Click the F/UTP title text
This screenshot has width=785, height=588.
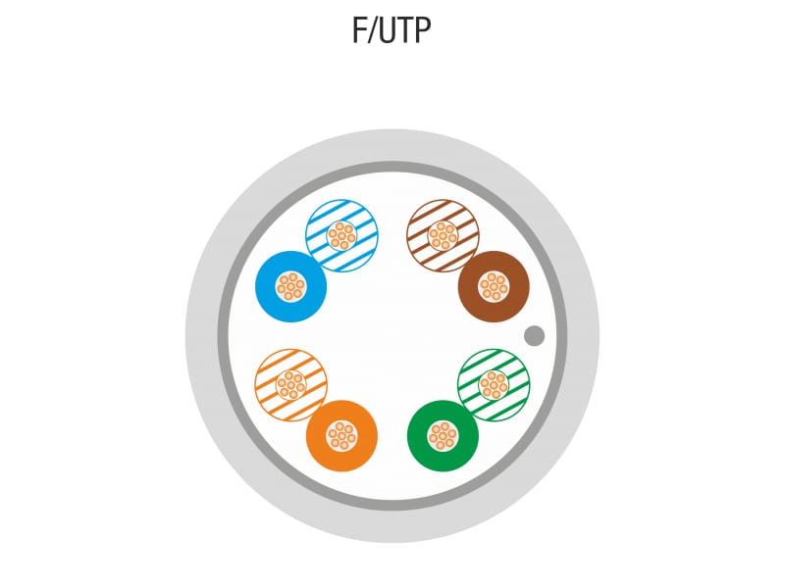coord(391,30)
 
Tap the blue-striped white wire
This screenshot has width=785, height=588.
coord(341,236)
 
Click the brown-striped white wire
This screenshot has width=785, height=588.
coord(444,236)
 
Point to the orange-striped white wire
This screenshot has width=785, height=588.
coord(290,385)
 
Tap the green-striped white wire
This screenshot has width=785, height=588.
coord(494,385)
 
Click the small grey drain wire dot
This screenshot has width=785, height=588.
coord(534,335)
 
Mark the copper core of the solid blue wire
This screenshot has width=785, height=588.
coord(290,287)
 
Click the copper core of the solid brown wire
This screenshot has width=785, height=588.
coord(494,287)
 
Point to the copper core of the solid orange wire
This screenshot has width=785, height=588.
coord(341,436)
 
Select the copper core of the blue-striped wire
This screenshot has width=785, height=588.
coord(341,236)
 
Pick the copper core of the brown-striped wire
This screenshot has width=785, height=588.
coord(444,236)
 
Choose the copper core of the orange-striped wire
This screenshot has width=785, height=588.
coord(290,385)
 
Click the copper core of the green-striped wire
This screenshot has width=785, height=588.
coord(494,385)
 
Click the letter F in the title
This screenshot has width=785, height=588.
coord(359,30)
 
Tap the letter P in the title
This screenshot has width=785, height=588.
coord(423,30)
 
